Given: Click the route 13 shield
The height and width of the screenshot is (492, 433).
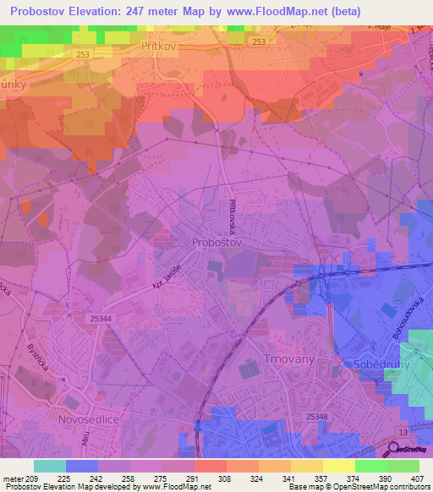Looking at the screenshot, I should click(402, 434).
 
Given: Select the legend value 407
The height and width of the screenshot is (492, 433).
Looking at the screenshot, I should click(418, 478).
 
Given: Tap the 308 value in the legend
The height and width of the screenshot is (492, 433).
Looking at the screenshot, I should click(225, 478).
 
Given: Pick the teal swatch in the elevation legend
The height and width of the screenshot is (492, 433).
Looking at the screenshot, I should click(50, 466).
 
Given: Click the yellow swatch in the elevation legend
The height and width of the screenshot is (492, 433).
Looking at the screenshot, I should click(339, 466).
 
